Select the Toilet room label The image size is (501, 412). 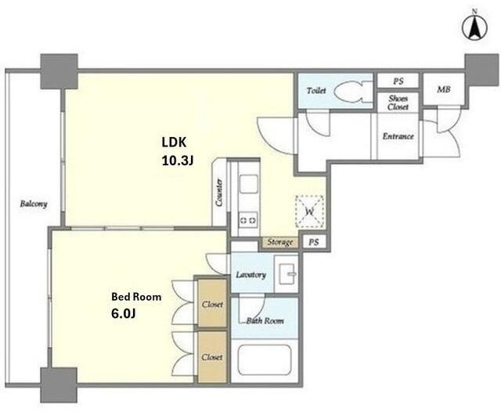(316, 91)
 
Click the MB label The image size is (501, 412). (444, 89)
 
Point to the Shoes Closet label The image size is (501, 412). (398, 103)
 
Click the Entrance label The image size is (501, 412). (398, 136)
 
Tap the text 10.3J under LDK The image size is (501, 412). (178, 161)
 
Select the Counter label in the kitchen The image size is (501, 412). (219, 192)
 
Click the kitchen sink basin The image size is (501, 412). (249, 184)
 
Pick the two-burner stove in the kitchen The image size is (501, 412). (248, 220)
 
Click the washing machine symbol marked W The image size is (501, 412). (310, 211)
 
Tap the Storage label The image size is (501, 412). (280, 242)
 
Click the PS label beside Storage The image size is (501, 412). (314, 242)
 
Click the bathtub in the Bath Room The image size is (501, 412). (265, 360)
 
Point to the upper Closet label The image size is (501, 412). (212, 305)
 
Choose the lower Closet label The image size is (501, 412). (212, 357)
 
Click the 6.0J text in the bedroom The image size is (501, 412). (124, 313)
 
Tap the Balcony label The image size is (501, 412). (34, 204)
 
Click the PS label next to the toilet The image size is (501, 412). (398, 81)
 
